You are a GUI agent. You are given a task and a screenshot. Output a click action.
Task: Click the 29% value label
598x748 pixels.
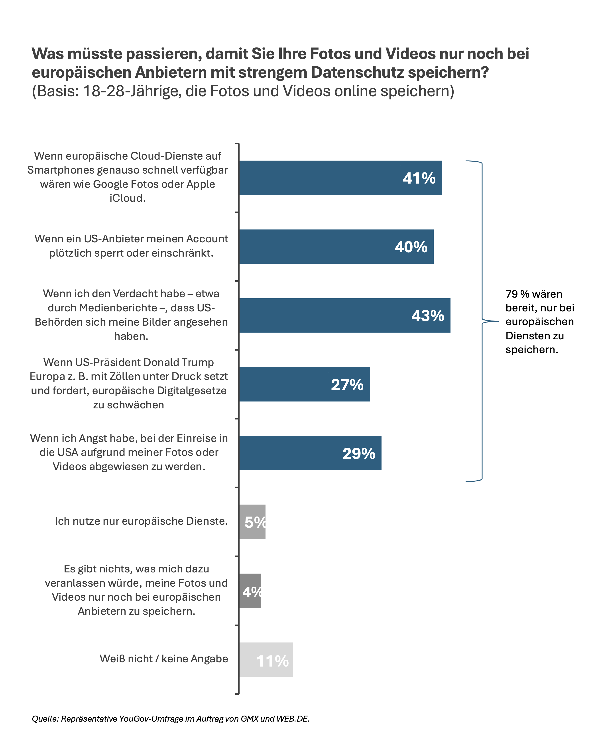(x=359, y=453)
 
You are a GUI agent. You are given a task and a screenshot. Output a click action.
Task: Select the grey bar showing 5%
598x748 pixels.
(x=252, y=522)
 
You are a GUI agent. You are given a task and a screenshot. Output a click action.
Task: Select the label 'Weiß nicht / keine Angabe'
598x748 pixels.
(x=164, y=659)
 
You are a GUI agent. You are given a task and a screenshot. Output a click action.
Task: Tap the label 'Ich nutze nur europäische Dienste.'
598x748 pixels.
(x=141, y=521)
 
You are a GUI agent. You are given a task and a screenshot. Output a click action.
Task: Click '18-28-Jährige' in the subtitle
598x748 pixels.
(x=132, y=91)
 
